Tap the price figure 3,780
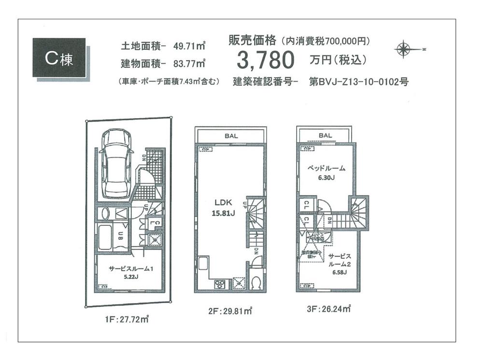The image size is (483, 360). [265, 60]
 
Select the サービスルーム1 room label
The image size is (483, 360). [130, 269]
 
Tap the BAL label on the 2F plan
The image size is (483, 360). [230, 136]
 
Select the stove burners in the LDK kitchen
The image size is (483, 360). [218, 284]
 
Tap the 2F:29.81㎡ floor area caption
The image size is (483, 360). [231, 311]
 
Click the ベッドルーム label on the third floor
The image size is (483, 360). [327, 168]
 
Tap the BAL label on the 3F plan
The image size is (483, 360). [325, 136]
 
